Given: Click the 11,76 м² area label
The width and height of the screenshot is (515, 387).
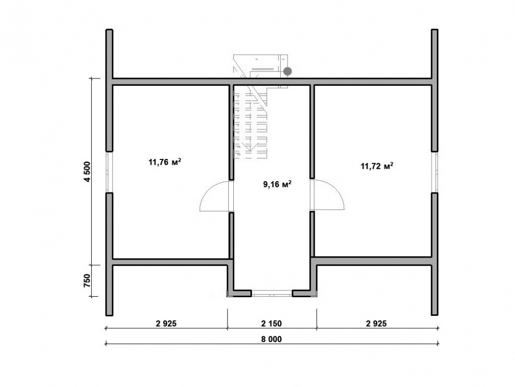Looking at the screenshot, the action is click(165, 162).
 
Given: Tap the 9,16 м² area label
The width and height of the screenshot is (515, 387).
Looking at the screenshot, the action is click(278, 184).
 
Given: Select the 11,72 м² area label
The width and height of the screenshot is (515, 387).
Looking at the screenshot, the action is click(377, 166).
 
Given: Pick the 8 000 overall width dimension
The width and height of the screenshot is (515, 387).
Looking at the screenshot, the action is click(271, 340).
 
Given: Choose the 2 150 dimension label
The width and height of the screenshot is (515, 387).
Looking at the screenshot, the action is click(271, 324).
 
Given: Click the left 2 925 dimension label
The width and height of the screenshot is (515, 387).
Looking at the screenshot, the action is click(166, 324).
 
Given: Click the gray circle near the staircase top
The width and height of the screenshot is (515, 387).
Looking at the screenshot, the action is click(287, 71).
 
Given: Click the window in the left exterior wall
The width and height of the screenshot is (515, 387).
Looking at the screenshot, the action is click(109, 172).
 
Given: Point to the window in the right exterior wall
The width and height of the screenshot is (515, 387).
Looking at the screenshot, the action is click(435, 172).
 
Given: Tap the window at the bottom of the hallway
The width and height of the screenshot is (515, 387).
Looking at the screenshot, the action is click(271, 293).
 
